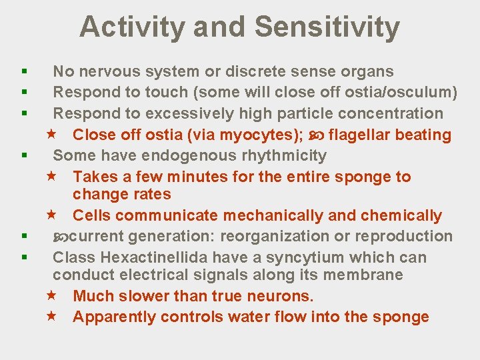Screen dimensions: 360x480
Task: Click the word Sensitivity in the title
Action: [x=327, y=27]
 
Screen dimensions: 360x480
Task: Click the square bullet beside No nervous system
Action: [x=23, y=71]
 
